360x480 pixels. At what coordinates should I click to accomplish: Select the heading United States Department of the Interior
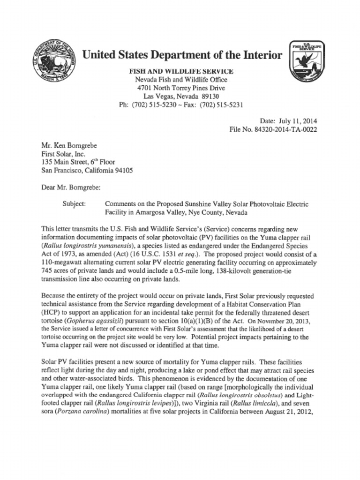(182, 55)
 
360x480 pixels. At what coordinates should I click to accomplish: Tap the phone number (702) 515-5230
(153, 105)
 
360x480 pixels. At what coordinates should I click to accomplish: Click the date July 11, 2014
(300, 120)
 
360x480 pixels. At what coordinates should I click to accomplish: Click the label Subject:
(74, 204)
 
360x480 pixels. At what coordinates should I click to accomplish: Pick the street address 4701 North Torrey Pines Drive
(181, 88)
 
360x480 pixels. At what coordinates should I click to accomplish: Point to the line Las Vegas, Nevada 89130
(181, 96)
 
